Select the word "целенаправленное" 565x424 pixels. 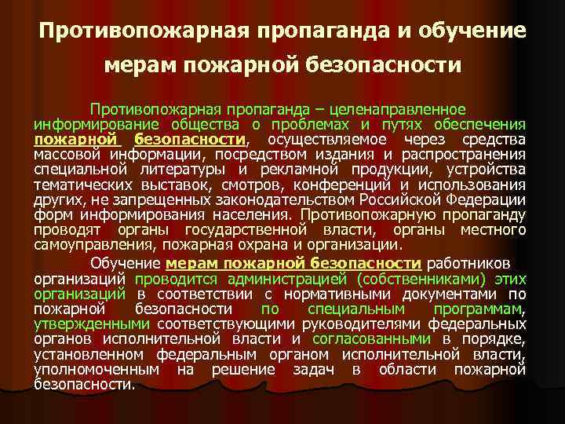point(409,109)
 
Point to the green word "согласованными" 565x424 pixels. point(372,338)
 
